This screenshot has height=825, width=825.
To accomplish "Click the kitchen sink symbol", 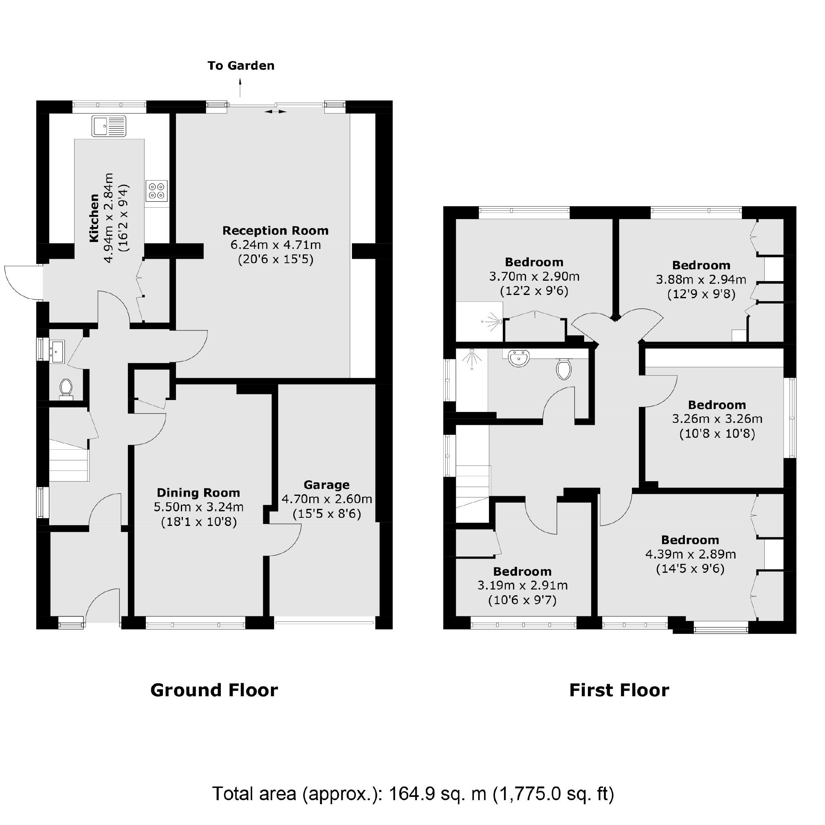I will (109, 126).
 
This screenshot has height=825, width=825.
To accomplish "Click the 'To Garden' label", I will (241, 66).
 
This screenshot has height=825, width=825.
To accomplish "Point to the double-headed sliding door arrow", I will (275, 112).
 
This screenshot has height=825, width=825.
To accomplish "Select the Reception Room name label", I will (275, 231).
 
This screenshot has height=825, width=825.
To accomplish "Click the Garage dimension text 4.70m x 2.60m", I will (327, 499).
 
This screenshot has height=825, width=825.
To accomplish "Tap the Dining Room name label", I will (198, 493).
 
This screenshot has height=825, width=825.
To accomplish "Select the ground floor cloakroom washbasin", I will (56, 352).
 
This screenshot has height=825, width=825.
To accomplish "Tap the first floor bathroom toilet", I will (564, 369).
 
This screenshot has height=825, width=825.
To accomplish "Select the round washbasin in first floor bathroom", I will (519, 358).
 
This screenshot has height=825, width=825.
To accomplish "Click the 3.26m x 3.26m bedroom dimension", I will (717, 419).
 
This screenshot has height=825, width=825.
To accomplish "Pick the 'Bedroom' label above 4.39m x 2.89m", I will (690, 540).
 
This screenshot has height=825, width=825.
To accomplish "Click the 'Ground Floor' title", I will (214, 691).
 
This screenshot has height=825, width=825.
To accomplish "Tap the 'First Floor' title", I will (619, 691).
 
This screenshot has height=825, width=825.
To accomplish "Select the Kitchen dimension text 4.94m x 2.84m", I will (108, 218).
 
